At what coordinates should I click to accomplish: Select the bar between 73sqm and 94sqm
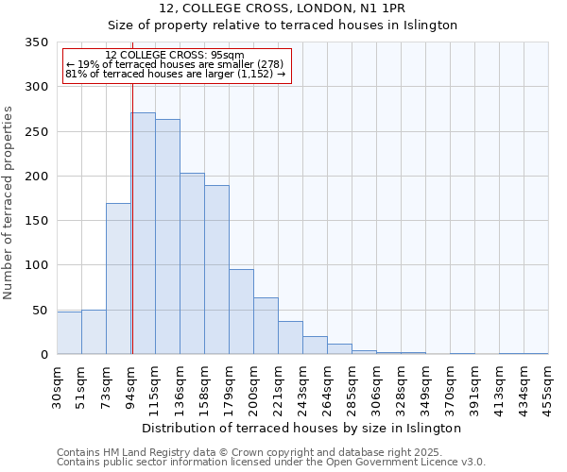click(118, 278)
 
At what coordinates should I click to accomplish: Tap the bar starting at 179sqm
click(241, 312)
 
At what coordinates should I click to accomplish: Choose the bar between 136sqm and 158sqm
click(192, 263)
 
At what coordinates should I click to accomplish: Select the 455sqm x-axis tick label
click(549, 383)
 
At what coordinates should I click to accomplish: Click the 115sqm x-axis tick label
click(156, 385)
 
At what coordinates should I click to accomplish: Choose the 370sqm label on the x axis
click(451, 385)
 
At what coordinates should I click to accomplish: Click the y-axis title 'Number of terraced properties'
click(9, 203)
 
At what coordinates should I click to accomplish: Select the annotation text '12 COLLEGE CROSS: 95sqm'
click(175, 56)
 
